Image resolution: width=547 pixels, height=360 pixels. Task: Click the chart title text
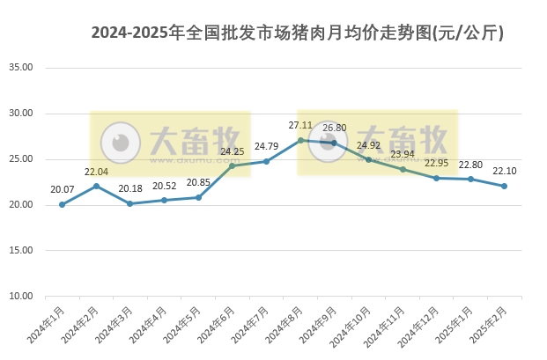[x=298, y=33]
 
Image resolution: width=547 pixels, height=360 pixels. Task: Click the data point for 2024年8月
[x=300, y=140]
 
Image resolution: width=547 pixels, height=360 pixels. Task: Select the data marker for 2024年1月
[x=62, y=204]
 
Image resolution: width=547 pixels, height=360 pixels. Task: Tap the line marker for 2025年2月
[x=504, y=186]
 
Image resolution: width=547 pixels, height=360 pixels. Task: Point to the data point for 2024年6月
[x=233, y=165]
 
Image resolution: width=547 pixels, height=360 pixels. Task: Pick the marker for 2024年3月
[x=129, y=203]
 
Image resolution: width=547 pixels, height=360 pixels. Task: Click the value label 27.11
[x=300, y=126]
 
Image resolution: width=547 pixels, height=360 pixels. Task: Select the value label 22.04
[x=96, y=172]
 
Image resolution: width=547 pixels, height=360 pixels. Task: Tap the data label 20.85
[x=198, y=183]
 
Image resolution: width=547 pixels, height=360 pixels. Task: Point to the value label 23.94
[x=403, y=155]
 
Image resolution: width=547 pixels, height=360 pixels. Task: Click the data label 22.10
[x=504, y=171]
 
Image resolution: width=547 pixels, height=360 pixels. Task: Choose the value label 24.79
[x=266, y=146]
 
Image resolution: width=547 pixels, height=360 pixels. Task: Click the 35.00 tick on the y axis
[x=20, y=68]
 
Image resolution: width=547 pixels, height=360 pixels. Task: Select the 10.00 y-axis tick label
[x=20, y=297]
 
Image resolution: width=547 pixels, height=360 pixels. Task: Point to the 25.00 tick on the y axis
[x=20, y=159]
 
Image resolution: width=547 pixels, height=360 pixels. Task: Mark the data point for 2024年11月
[x=403, y=169]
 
